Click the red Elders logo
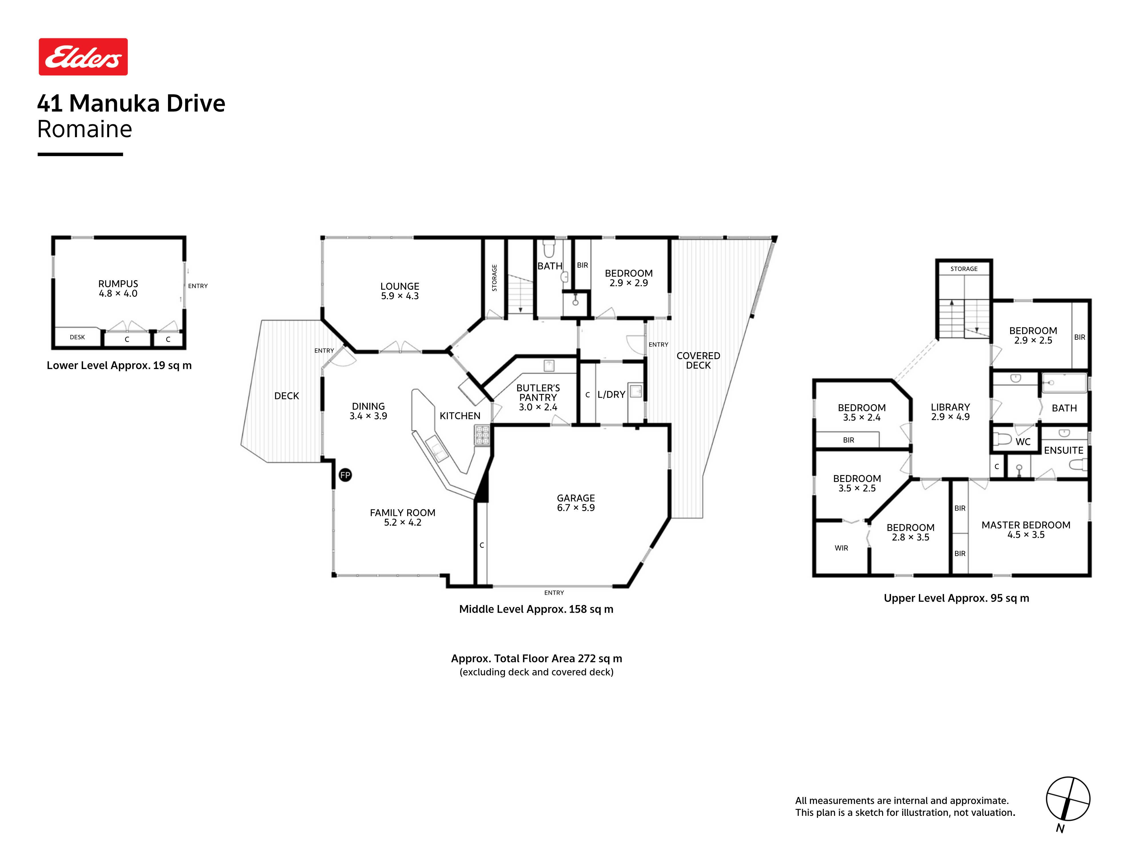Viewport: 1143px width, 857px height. click(83, 57)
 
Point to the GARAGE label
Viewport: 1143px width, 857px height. click(576, 498)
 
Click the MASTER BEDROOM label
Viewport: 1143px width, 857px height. click(1026, 525)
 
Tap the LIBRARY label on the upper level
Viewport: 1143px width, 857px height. click(950, 407)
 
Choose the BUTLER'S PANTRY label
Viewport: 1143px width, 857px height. click(538, 393)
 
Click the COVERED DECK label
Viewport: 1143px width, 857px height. click(698, 361)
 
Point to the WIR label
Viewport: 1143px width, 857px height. click(841, 548)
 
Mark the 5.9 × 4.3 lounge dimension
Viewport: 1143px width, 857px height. click(400, 296)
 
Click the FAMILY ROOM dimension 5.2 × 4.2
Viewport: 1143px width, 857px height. click(403, 522)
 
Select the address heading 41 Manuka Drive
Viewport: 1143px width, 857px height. click(131, 103)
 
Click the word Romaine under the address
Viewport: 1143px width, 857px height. click(85, 129)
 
